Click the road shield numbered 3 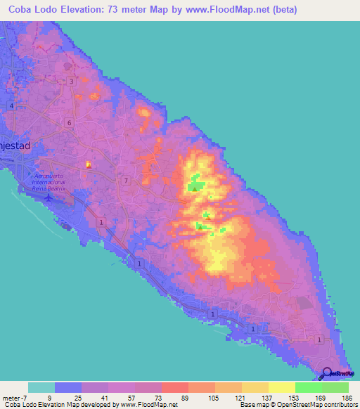pyautogui.click(x=72, y=82)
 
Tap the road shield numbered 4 pyautogui.click(x=12, y=105)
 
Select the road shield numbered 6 pyautogui.click(x=68, y=122)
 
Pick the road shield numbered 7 pyautogui.click(x=125, y=181)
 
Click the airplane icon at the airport pyautogui.click(x=47, y=196)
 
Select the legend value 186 pyautogui.click(x=346, y=397)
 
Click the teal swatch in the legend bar pyautogui.click(x=41, y=387)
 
